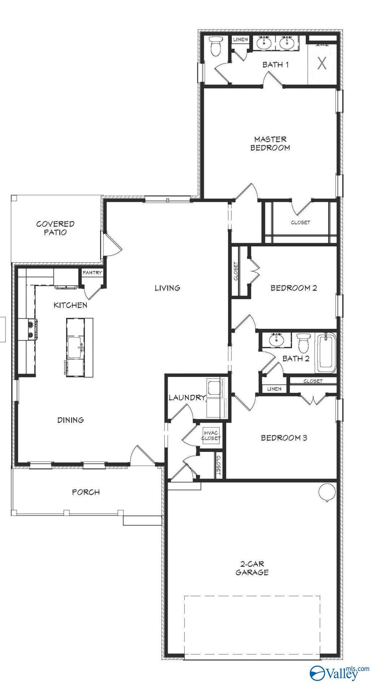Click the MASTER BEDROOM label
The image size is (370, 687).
click(x=270, y=143)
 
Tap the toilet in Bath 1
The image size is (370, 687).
click(x=216, y=46)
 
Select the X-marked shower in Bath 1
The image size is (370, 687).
click(x=322, y=64)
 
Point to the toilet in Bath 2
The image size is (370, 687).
click(x=304, y=342)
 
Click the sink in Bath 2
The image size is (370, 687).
click(x=277, y=340)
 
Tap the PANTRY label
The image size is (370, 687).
click(x=92, y=273)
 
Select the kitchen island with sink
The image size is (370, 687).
click(x=79, y=347)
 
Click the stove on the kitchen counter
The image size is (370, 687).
click(x=30, y=330)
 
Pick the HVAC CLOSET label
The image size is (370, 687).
click(x=211, y=436)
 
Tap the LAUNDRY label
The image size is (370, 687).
click(x=187, y=398)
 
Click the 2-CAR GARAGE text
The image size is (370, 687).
click(x=252, y=568)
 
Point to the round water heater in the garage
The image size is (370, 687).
click(x=327, y=491)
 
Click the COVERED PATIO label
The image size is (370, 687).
click(x=55, y=228)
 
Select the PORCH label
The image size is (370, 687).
click(x=86, y=492)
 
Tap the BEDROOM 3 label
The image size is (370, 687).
click(x=284, y=438)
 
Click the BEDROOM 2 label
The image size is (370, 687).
click(x=294, y=288)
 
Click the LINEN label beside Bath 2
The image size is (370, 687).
click(x=274, y=389)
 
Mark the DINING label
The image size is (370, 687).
click(x=70, y=420)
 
